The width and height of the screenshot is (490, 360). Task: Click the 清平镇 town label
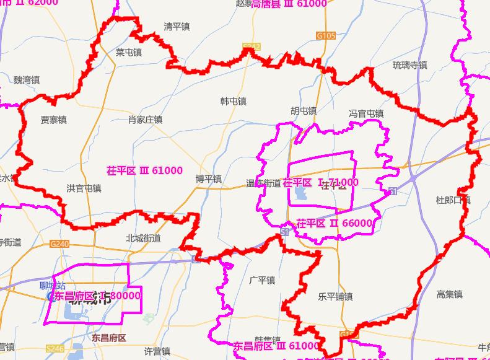click(177, 27)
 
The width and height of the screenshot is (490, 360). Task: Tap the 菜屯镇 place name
click(129, 53)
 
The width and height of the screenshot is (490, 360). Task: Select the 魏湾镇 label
click(27, 80)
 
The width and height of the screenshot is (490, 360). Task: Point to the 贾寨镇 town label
click(54, 120)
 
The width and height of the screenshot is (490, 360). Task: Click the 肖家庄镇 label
click(145, 120)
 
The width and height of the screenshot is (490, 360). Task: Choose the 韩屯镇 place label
click(234, 100)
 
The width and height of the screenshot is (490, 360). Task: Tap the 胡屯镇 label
click(304, 111)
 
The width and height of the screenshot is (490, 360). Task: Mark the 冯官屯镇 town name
click(366, 114)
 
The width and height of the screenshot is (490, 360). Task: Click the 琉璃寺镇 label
click(409, 64)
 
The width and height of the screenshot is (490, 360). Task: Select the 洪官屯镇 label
click(84, 188)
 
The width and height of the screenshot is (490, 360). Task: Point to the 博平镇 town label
click(209, 179)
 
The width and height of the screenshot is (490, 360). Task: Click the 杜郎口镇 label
click(453, 200)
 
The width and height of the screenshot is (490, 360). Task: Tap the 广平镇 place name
click(261, 280)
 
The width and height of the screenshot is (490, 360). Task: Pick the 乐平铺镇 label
click(335, 297)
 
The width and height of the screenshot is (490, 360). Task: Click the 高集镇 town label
click(449, 294)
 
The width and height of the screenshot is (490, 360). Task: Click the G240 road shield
click(61, 245)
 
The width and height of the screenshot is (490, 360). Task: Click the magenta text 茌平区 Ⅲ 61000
click(145, 170)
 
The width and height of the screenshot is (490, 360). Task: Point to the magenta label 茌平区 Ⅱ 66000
click(335, 223)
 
